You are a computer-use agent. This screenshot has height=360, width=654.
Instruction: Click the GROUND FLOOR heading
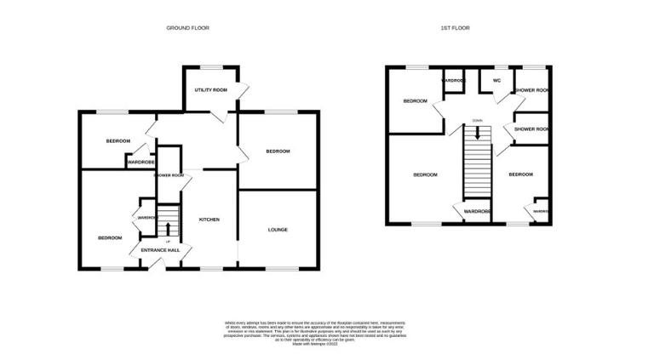click(187, 28)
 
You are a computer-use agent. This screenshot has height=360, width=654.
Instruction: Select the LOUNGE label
click(278, 229)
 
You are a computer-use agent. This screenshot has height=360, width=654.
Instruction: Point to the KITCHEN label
click(209, 219)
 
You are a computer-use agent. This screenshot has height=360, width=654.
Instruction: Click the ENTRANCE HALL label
click(160, 250)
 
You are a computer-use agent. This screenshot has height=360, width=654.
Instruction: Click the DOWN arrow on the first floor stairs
click(478, 133)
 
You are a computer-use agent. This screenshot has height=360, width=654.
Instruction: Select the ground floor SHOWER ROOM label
click(169, 175)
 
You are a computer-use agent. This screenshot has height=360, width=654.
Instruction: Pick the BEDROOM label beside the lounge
click(278, 151)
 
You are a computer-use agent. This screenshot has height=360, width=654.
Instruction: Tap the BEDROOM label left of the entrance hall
click(110, 238)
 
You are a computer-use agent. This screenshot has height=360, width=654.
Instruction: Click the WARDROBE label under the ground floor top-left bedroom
click(140, 162)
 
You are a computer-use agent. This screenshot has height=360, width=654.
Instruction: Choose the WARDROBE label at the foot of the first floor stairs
click(477, 211)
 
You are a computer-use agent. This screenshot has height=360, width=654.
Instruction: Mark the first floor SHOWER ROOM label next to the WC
click(531, 89)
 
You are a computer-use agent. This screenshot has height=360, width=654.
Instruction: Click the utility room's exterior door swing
click(242, 89)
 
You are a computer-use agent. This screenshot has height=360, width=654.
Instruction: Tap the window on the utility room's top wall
click(210, 66)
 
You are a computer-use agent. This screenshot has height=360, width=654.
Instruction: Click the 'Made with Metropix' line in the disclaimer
click(315, 344)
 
